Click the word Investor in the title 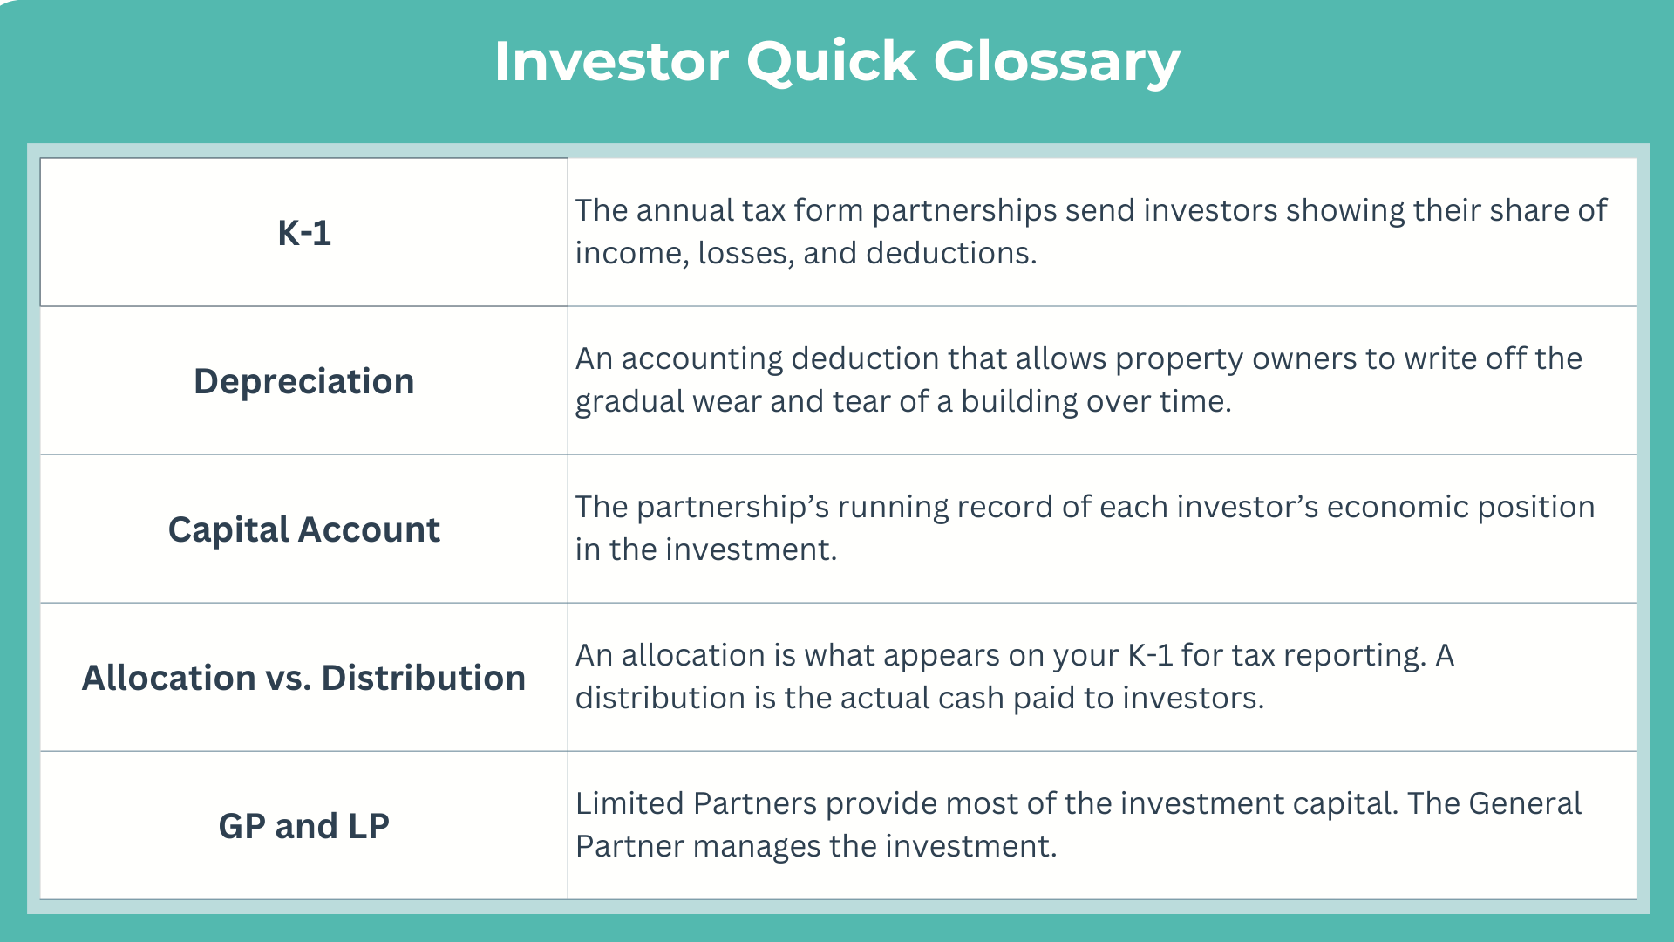tap(611, 61)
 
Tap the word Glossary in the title tap(1057, 63)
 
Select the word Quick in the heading tap(831, 62)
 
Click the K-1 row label tap(304, 233)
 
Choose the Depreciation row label tap(304, 382)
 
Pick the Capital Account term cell tap(304, 529)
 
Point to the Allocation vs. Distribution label tap(304, 678)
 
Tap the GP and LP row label tap(304, 826)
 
